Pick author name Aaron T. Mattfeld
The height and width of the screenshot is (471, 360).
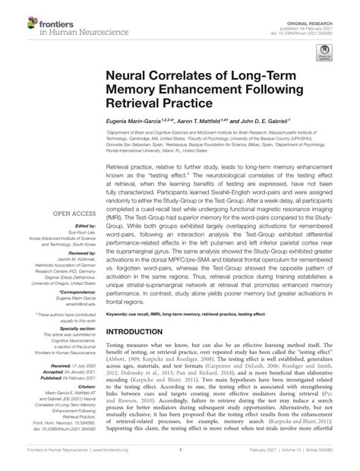point(217,122)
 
